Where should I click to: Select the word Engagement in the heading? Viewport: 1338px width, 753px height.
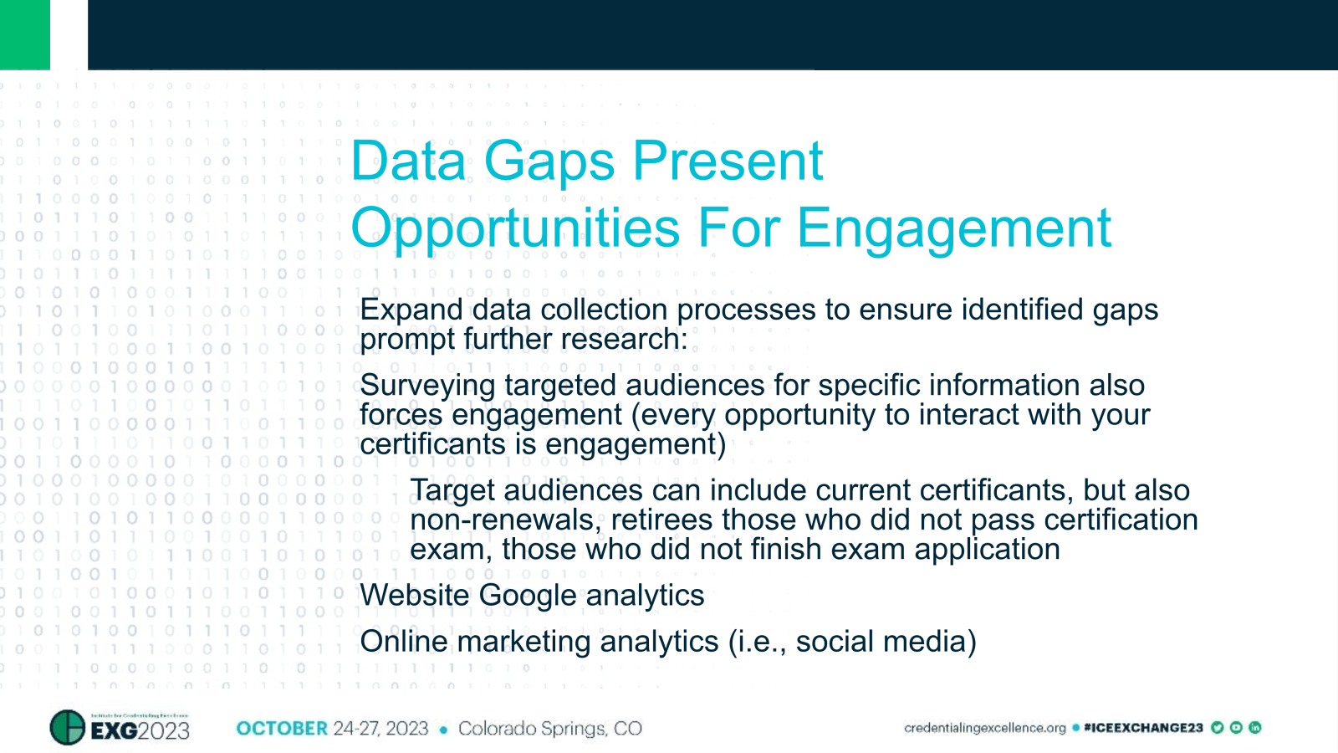[x=954, y=228]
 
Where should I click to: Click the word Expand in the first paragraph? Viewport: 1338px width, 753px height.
[x=411, y=310]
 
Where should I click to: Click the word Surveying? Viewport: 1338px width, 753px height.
[x=427, y=386]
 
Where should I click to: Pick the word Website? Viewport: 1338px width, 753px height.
[x=415, y=596]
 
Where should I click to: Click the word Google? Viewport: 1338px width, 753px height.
[x=528, y=596]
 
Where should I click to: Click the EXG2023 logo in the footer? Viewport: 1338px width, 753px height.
[x=120, y=728]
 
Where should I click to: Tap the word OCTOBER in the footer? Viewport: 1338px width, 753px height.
[x=282, y=729]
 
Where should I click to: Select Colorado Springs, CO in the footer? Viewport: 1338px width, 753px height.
[x=549, y=729]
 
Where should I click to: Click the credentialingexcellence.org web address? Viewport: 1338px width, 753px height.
[x=984, y=728]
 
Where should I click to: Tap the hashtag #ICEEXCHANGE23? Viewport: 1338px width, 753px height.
[x=1142, y=728]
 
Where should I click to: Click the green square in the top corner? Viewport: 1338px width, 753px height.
[x=25, y=34]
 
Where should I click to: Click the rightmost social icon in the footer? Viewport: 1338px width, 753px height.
[x=1254, y=728]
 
